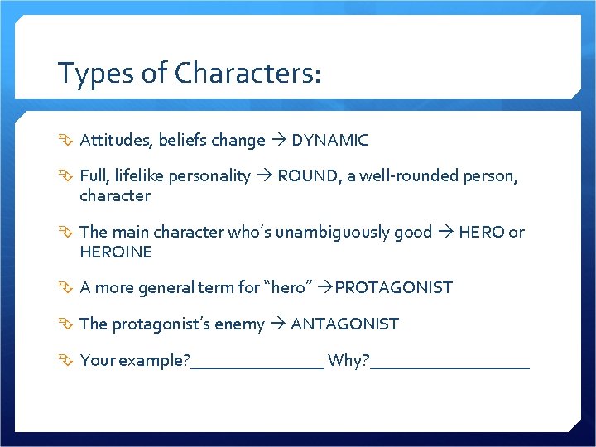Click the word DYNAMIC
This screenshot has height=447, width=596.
click(329, 141)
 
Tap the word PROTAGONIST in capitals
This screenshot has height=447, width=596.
click(394, 288)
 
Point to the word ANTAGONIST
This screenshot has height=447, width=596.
click(344, 324)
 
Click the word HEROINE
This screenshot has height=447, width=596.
click(116, 252)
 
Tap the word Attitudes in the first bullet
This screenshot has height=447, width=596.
click(114, 141)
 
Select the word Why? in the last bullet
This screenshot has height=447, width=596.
click(348, 360)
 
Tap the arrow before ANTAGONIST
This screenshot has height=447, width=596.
click(277, 324)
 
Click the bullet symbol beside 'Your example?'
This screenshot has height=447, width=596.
click(66, 360)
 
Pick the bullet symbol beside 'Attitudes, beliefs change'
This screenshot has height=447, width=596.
click(66, 141)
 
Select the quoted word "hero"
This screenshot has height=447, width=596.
click(288, 288)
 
